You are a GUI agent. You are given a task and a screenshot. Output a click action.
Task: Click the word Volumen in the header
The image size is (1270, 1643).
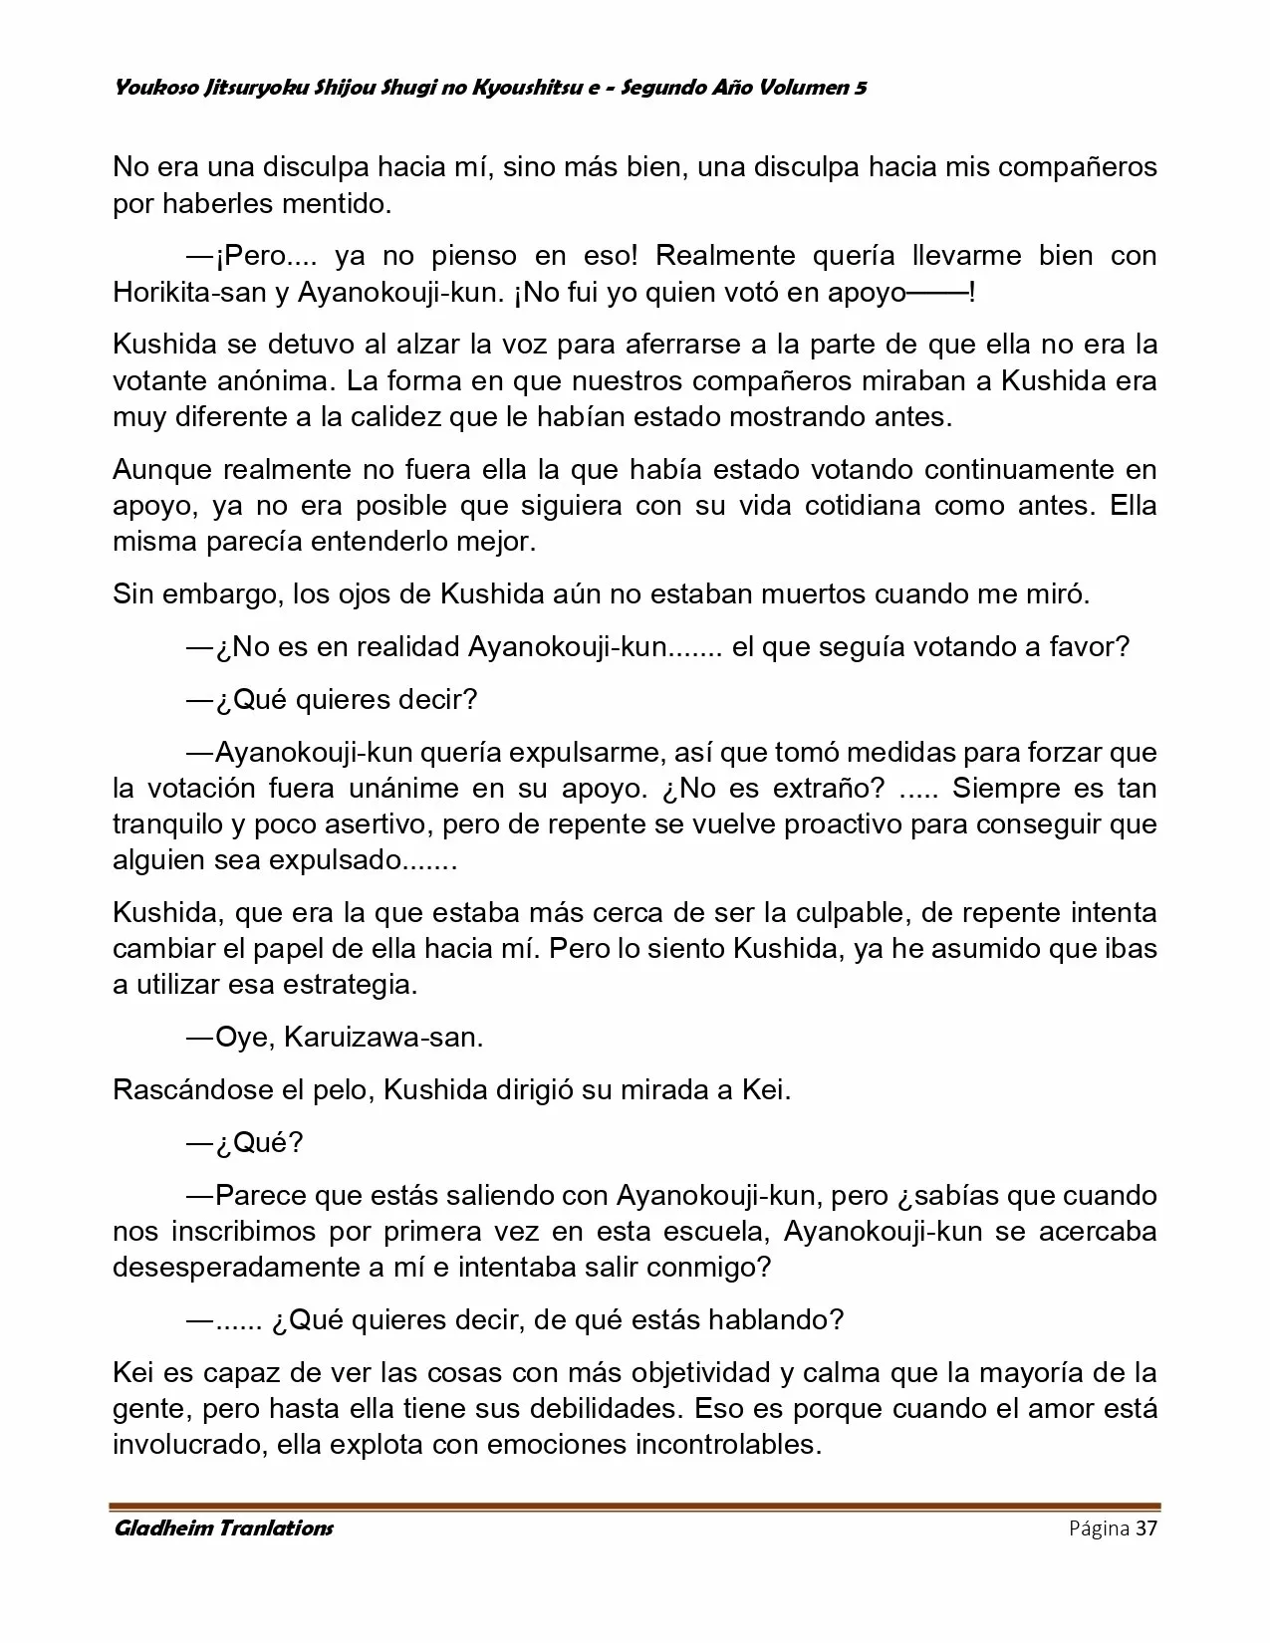(x=800, y=88)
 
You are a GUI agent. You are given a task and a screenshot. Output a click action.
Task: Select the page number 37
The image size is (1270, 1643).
(x=1147, y=1528)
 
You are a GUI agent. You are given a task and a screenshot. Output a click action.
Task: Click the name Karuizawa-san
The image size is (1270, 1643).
(x=383, y=1037)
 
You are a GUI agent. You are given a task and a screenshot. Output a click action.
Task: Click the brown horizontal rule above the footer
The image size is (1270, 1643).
(x=635, y=1507)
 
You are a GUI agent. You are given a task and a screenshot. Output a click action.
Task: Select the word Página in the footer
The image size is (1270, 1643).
(x=1099, y=1528)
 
